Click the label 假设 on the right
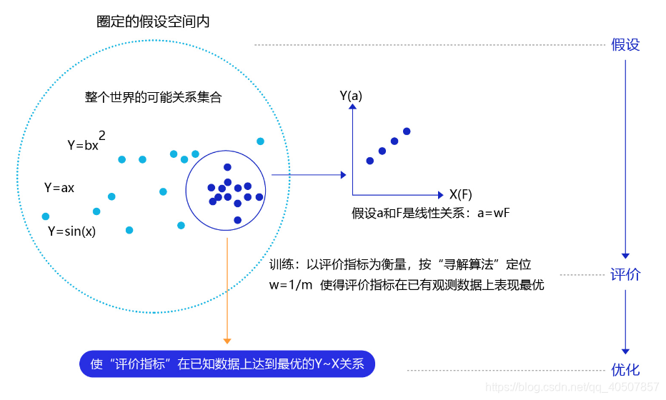[x=625, y=45]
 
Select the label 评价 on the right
[x=625, y=275]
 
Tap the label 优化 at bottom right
[x=625, y=370]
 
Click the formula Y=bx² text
[x=87, y=143]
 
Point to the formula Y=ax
[x=59, y=188]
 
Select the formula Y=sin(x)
[x=71, y=231]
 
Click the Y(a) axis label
[x=351, y=95]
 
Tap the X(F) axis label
[x=460, y=194]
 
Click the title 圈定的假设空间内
[x=153, y=22]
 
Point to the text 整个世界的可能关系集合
[x=153, y=97]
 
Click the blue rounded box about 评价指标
[x=227, y=364]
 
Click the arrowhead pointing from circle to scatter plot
[x=344, y=175]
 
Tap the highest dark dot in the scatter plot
[x=407, y=131]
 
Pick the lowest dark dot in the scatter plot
[x=370, y=161]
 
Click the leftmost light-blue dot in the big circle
[x=46, y=216]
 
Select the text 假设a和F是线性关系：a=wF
[x=430, y=213]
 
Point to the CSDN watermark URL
[x=572, y=387]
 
